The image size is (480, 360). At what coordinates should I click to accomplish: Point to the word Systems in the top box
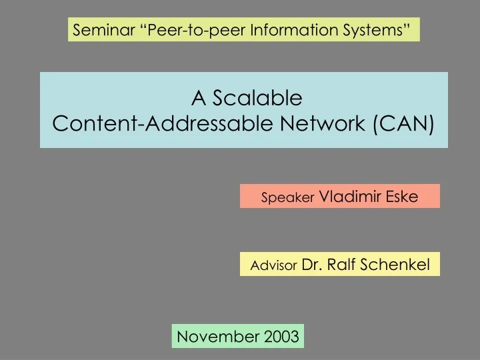[x=371, y=30]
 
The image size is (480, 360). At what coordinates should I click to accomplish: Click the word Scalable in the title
[x=257, y=98]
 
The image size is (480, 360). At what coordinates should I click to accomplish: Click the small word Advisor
[x=273, y=265]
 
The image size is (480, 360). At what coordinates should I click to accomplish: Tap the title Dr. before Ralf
[x=312, y=265]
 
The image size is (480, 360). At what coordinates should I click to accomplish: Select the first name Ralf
[x=341, y=265]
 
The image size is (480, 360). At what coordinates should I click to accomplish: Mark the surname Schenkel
[x=396, y=265]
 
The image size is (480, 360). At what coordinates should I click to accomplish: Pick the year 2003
[x=281, y=336]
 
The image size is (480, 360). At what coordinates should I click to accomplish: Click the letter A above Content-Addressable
[x=197, y=98]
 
